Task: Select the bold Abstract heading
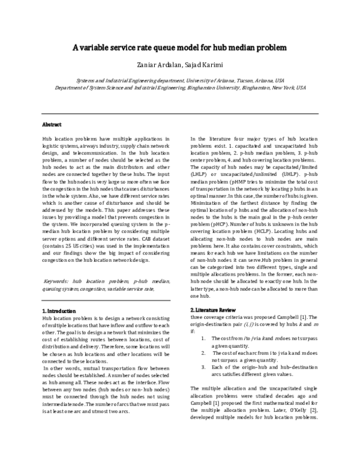pyautogui.click(x=52, y=125)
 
